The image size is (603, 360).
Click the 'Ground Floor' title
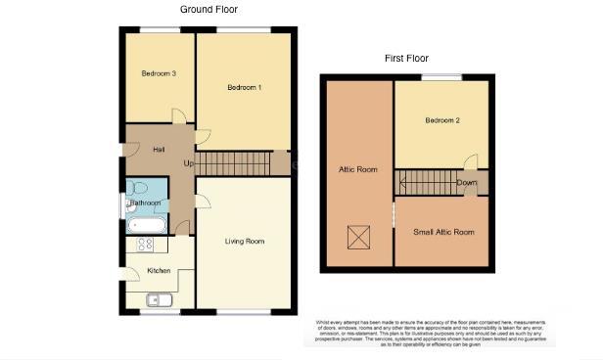tap(209, 9)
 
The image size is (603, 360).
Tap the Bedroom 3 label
tap(158, 74)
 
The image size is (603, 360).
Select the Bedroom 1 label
tap(244, 88)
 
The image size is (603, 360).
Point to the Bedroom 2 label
tap(442, 120)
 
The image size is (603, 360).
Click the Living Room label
tap(245, 241)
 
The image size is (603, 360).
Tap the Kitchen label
tap(159, 271)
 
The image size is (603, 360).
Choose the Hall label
tap(159, 149)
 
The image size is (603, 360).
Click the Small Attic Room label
tap(443, 232)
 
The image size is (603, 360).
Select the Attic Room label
tap(358, 169)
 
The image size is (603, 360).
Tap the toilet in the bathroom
tap(137, 188)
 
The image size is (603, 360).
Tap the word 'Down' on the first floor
tap(467, 182)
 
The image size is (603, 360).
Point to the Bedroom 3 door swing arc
tap(178, 116)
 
